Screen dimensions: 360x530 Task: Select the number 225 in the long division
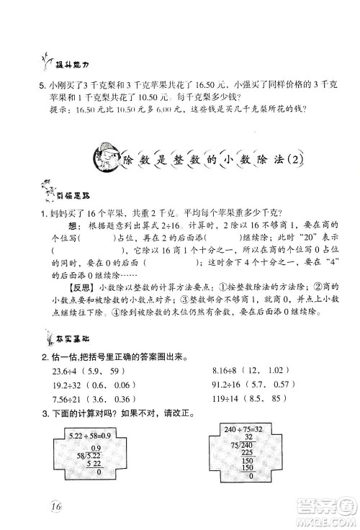250,454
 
